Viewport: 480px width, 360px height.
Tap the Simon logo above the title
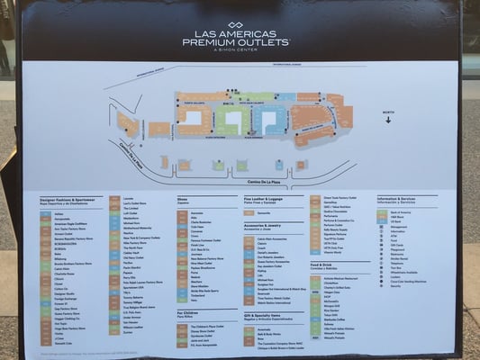coord(236,25)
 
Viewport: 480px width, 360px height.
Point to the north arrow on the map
coord(388,117)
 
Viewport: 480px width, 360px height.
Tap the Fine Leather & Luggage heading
coord(263,198)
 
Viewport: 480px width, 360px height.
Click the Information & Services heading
coord(396,197)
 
